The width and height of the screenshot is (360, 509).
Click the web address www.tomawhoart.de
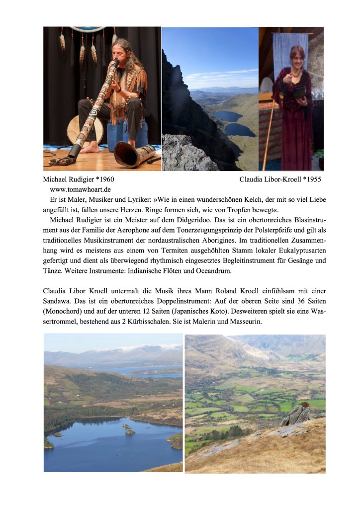pos(80,189)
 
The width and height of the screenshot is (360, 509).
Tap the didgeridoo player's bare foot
pos(93,148)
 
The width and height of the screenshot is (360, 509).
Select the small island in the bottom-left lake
pos(130,431)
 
